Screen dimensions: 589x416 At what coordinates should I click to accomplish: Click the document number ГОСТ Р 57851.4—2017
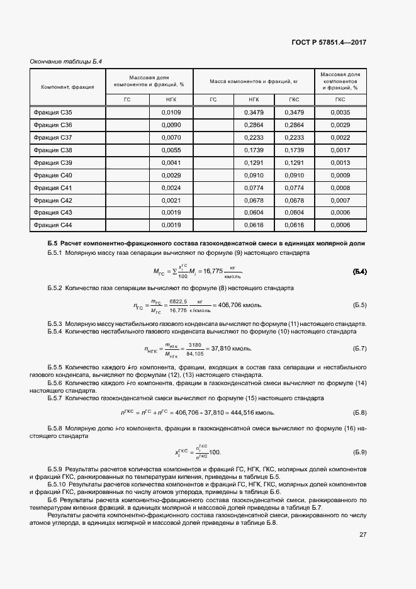pyautogui.click(x=329, y=42)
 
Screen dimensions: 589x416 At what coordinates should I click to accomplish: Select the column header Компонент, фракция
pyautogui.click(x=67, y=86)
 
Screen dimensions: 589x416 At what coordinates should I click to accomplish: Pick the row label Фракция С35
pyautogui.click(x=53, y=112)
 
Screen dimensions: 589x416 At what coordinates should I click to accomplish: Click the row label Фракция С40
pyautogui.click(x=53, y=174)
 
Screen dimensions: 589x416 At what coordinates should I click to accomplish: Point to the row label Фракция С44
pyautogui.click(x=53, y=225)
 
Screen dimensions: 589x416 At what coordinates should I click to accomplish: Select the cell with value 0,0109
pyautogui.click(x=171, y=112)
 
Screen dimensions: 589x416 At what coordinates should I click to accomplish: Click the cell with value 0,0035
pyautogui.click(x=340, y=112)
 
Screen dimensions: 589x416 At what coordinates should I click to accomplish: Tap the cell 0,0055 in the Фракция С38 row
pyautogui.click(x=171, y=150)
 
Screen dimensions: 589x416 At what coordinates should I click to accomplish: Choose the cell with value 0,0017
pyautogui.click(x=340, y=150)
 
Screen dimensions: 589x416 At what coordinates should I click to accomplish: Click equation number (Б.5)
pyautogui.click(x=359, y=305)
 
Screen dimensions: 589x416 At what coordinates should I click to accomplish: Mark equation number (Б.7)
pyautogui.click(x=359, y=348)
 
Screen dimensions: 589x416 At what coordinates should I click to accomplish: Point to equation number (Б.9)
pyautogui.click(x=359, y=452)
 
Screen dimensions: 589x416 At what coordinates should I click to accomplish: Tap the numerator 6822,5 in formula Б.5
pyautogui.click(x=179, y=301)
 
